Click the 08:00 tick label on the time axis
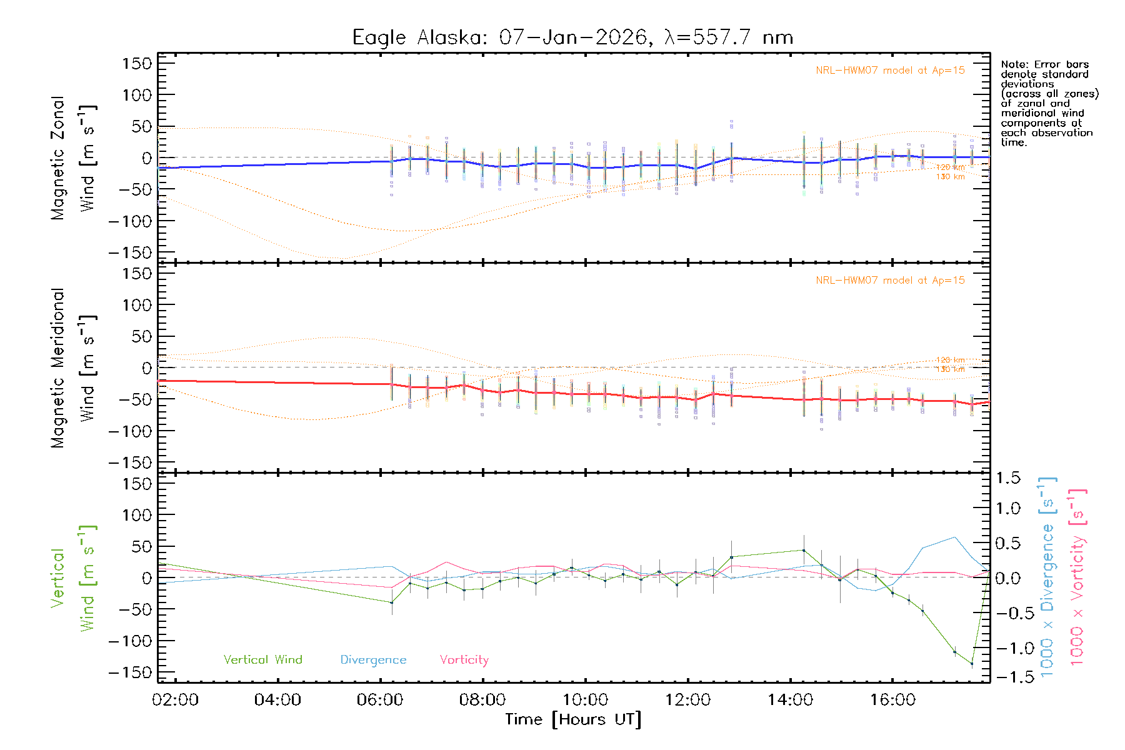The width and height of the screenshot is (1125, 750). coord(482,700)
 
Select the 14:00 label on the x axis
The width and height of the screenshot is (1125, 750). coord(790,700)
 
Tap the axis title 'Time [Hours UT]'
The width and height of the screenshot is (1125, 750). coord(573,719)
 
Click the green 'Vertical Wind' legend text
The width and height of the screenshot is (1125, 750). coord(262,659)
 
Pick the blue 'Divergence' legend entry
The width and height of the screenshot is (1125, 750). coord(373,659)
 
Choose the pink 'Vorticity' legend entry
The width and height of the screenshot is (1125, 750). coord(464,659)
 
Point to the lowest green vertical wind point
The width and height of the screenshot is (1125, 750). coord(972,664)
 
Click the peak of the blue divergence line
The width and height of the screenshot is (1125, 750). coord(954,537)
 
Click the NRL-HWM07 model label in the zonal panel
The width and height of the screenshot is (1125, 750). coord(890,70)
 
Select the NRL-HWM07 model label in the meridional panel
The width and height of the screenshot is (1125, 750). coord(890,280)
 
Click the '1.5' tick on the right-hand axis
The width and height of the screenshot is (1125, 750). coord(1007,478)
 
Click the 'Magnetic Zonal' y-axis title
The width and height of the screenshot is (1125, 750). coord(58,157)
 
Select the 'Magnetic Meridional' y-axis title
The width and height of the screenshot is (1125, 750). coord(58,367)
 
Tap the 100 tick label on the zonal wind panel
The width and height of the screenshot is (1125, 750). coord(137,95)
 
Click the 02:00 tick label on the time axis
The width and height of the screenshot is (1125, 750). coord(175,700)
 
